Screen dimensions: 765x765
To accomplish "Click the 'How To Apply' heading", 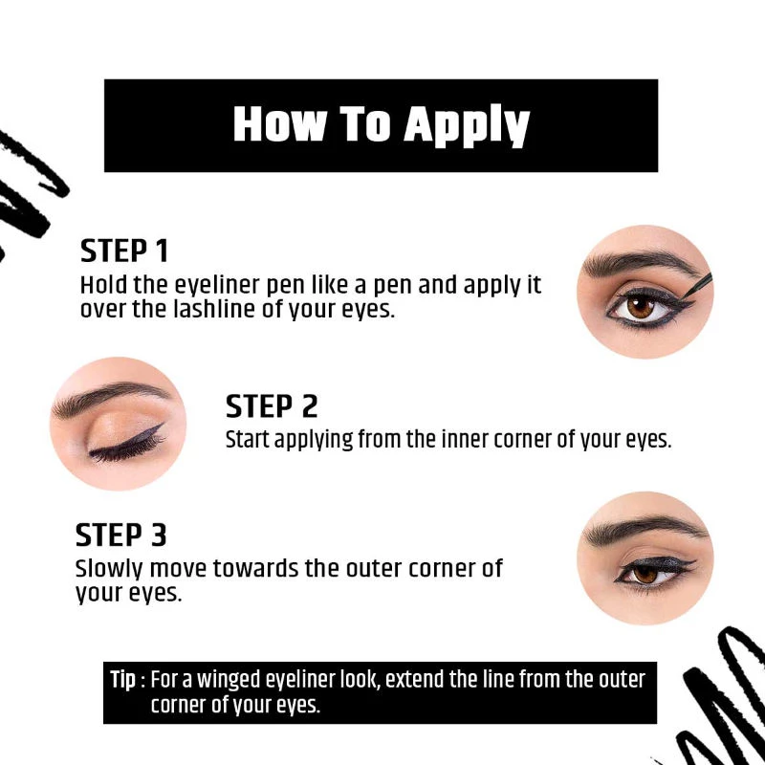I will coord(381,125).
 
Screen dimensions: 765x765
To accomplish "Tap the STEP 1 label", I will coord(124,251).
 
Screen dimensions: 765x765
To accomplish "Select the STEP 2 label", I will coord(272,406).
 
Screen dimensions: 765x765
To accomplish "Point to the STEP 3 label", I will coord(121,535).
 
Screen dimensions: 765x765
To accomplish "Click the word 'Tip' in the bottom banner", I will coord(123,680).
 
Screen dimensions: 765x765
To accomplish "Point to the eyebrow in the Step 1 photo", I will coord(631,262).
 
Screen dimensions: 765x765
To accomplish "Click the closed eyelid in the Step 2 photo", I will coord(120,430).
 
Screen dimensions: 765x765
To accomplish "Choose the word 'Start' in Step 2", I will coord(248,440).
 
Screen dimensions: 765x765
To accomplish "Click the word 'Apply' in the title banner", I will coord(466,125).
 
